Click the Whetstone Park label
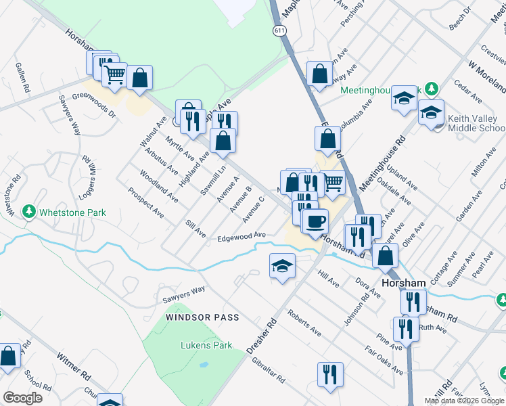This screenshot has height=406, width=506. click(x=72, y=212)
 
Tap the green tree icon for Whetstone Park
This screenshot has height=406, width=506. click(x=28, y=212)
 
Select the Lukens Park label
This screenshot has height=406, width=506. click(x=206, y=345)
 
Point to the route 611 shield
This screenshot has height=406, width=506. click(x=279, y=31)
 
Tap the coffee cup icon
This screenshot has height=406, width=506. click(x=315, y=221)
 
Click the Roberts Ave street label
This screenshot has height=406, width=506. click(x=304, y=323)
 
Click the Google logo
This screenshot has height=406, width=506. click(x=22, y=398)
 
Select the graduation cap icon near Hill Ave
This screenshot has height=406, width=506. click(x=283, y=266)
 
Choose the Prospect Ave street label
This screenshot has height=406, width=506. click(x=146, y=202)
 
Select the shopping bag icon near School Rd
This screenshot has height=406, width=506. click(x=9, y=356)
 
